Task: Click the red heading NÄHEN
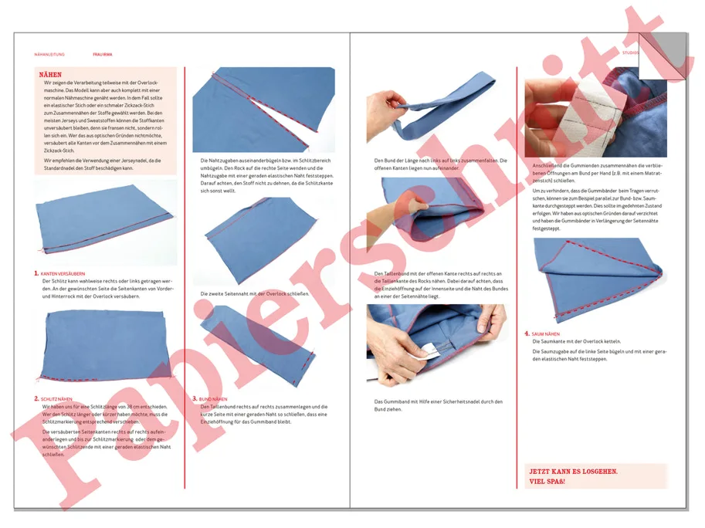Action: pyautogui.click(x=50, y=74)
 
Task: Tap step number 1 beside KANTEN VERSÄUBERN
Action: pyautogui.click(x=36, y=273)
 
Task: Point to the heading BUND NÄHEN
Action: pyautogui.click(x=213, y=398)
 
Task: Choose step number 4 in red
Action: pyautogui.click(x=527, y=333)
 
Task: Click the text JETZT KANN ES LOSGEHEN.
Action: pyautogui.click(x=572, y=471)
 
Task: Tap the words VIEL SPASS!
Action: pyautogui.click(x=546, y=481)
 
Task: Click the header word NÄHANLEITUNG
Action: pyautogui.click(x=49, y=55)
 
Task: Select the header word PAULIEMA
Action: pyautogui.click(x=103, y=55)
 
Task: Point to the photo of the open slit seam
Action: pyautogui.click(x=263, y=108)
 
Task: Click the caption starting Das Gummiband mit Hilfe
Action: pyautogui.click(x=438, y=404)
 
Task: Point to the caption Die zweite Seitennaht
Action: pyautogui.click(x=254, y=294)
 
